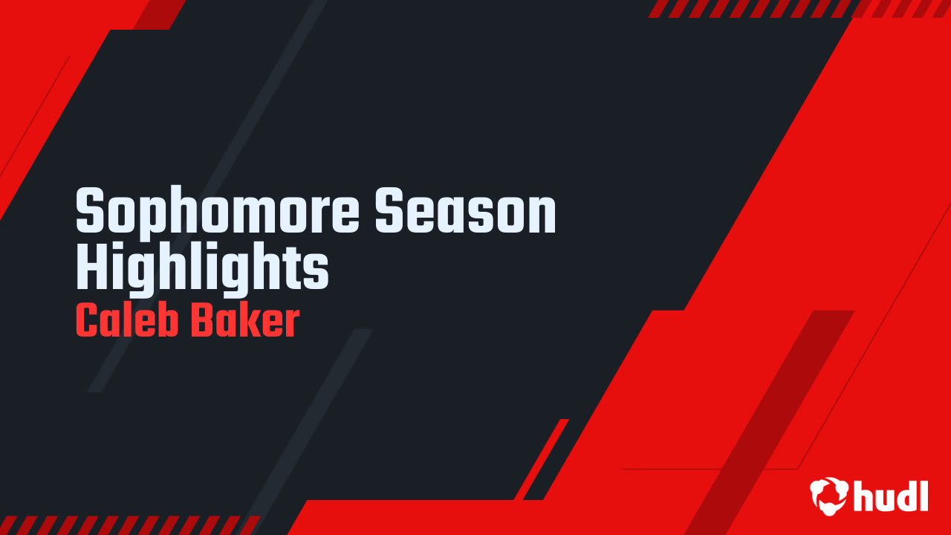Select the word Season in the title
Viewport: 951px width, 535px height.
[x=466, y=212]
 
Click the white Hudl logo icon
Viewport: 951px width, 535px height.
[x=828, y=496]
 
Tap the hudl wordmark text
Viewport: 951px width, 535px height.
[x=891, y=496]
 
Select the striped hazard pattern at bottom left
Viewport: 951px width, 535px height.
[x=126, y=525]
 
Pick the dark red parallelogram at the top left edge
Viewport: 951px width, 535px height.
[x=159, y=14]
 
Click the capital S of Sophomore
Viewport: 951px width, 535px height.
[x=92, y=212]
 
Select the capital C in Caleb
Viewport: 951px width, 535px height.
[x=87, y=320]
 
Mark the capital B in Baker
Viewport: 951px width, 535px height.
[x=202, y=320]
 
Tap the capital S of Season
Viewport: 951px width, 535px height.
[x=391, y=212]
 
